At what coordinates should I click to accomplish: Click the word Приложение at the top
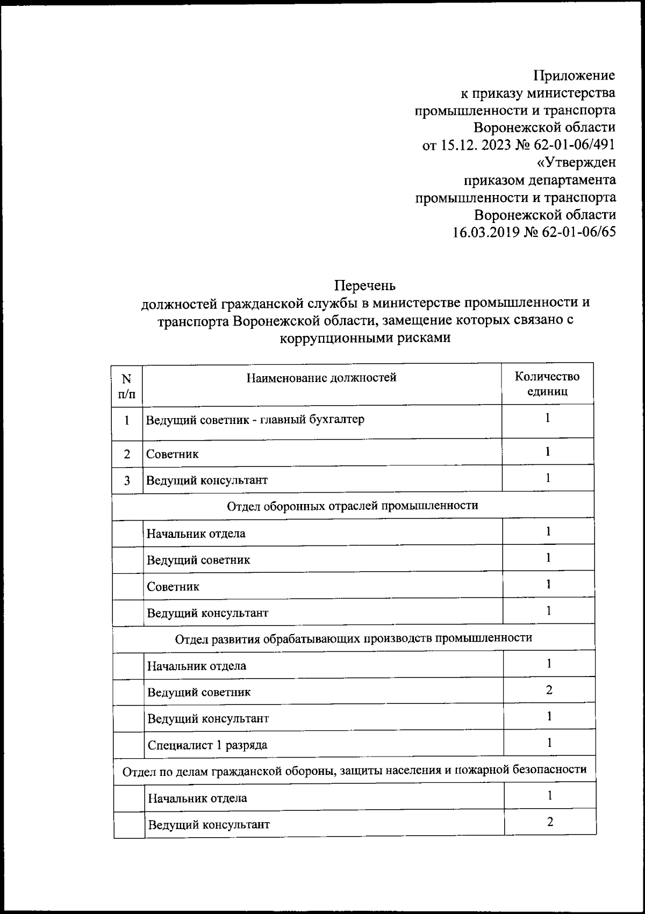point(574,75)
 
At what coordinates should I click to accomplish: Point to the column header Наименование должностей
point(321,378)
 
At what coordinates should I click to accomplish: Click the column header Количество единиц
point(547,384)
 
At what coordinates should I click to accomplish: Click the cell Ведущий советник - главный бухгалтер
point(256,419)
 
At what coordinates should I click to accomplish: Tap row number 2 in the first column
point(127,454)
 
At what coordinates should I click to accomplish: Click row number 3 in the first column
point(127,480)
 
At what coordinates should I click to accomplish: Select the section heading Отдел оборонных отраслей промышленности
point(353,506)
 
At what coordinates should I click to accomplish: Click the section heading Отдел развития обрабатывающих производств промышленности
point(354,638)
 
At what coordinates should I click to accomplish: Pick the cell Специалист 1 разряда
point(207,745)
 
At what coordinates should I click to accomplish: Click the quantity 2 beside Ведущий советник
point(549,690)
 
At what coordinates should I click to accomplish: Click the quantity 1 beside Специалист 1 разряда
point(549,743)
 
